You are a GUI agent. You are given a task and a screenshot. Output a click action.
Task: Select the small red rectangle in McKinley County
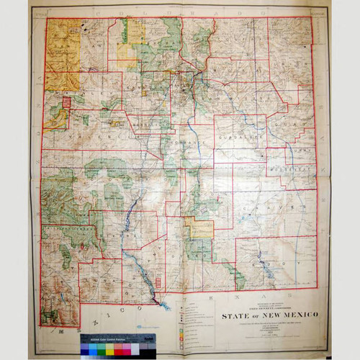coord(67,103)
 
